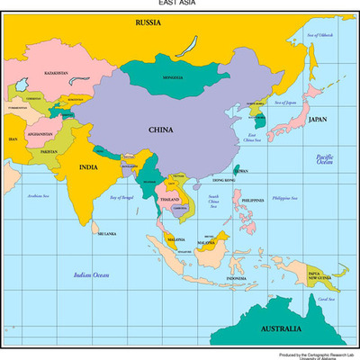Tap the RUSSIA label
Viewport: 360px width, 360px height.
(x=148, y=21)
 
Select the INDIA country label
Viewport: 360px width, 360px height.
(x=88, y=166)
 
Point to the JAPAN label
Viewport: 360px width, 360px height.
(x=318, y=119)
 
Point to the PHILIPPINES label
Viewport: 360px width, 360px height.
(x=254, y=200)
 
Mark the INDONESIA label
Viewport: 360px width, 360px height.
(x=236, y=278)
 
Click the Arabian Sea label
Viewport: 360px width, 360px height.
(x=39, y=194)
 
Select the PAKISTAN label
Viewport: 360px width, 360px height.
(x=49, y=151)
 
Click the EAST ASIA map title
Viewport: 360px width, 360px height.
(x=180, y=4)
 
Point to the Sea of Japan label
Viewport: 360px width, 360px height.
(x=284, y=103)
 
